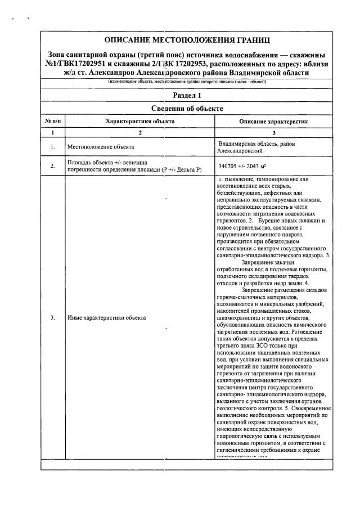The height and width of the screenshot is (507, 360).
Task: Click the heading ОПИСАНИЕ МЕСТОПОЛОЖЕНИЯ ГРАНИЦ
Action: [x=187, y=40]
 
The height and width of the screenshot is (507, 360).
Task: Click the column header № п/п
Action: [x=52, y=121]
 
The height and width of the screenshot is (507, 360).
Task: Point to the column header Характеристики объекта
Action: [x=140, y=121]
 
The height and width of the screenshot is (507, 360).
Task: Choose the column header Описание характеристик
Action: [x=274, y=121]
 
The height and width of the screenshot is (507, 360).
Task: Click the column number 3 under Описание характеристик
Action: [x=274, y=132]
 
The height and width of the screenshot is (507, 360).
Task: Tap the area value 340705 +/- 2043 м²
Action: [x=242, y=167]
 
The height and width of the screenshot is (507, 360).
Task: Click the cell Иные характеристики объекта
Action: [x=106, y=318]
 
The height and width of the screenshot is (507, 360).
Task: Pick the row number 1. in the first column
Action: [x=52, y=147]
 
